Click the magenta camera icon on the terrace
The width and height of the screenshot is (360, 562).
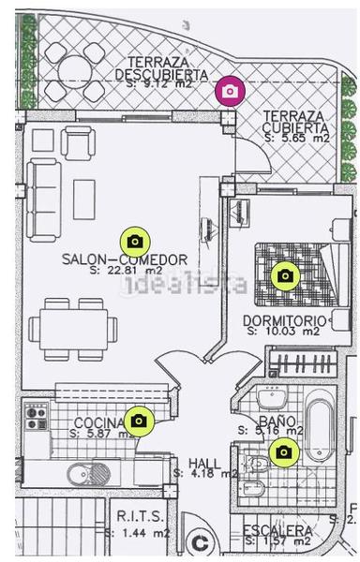pyautogui.click(x=230, y=90)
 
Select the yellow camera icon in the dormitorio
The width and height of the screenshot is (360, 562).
pyautogui.click(x=284, y=275)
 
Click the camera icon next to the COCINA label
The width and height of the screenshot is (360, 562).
pyautogui.click(x=139, y=421)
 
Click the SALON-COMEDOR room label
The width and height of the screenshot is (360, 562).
pyautogui.click(x=124, y=259)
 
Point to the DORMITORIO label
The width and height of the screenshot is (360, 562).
pyautogui.click(x=284, y=320)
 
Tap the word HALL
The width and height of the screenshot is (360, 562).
pyautogui.click(x=204, y=463)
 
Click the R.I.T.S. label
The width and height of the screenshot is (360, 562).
pyautogui.click(x=139, y=516)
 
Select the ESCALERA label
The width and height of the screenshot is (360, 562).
pyautogui.click(x=277, y=530)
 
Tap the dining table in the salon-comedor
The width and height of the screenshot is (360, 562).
pyautogui.click(x=72, y=329)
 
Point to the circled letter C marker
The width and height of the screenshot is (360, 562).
pyautogui.click(x=198, y=542)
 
